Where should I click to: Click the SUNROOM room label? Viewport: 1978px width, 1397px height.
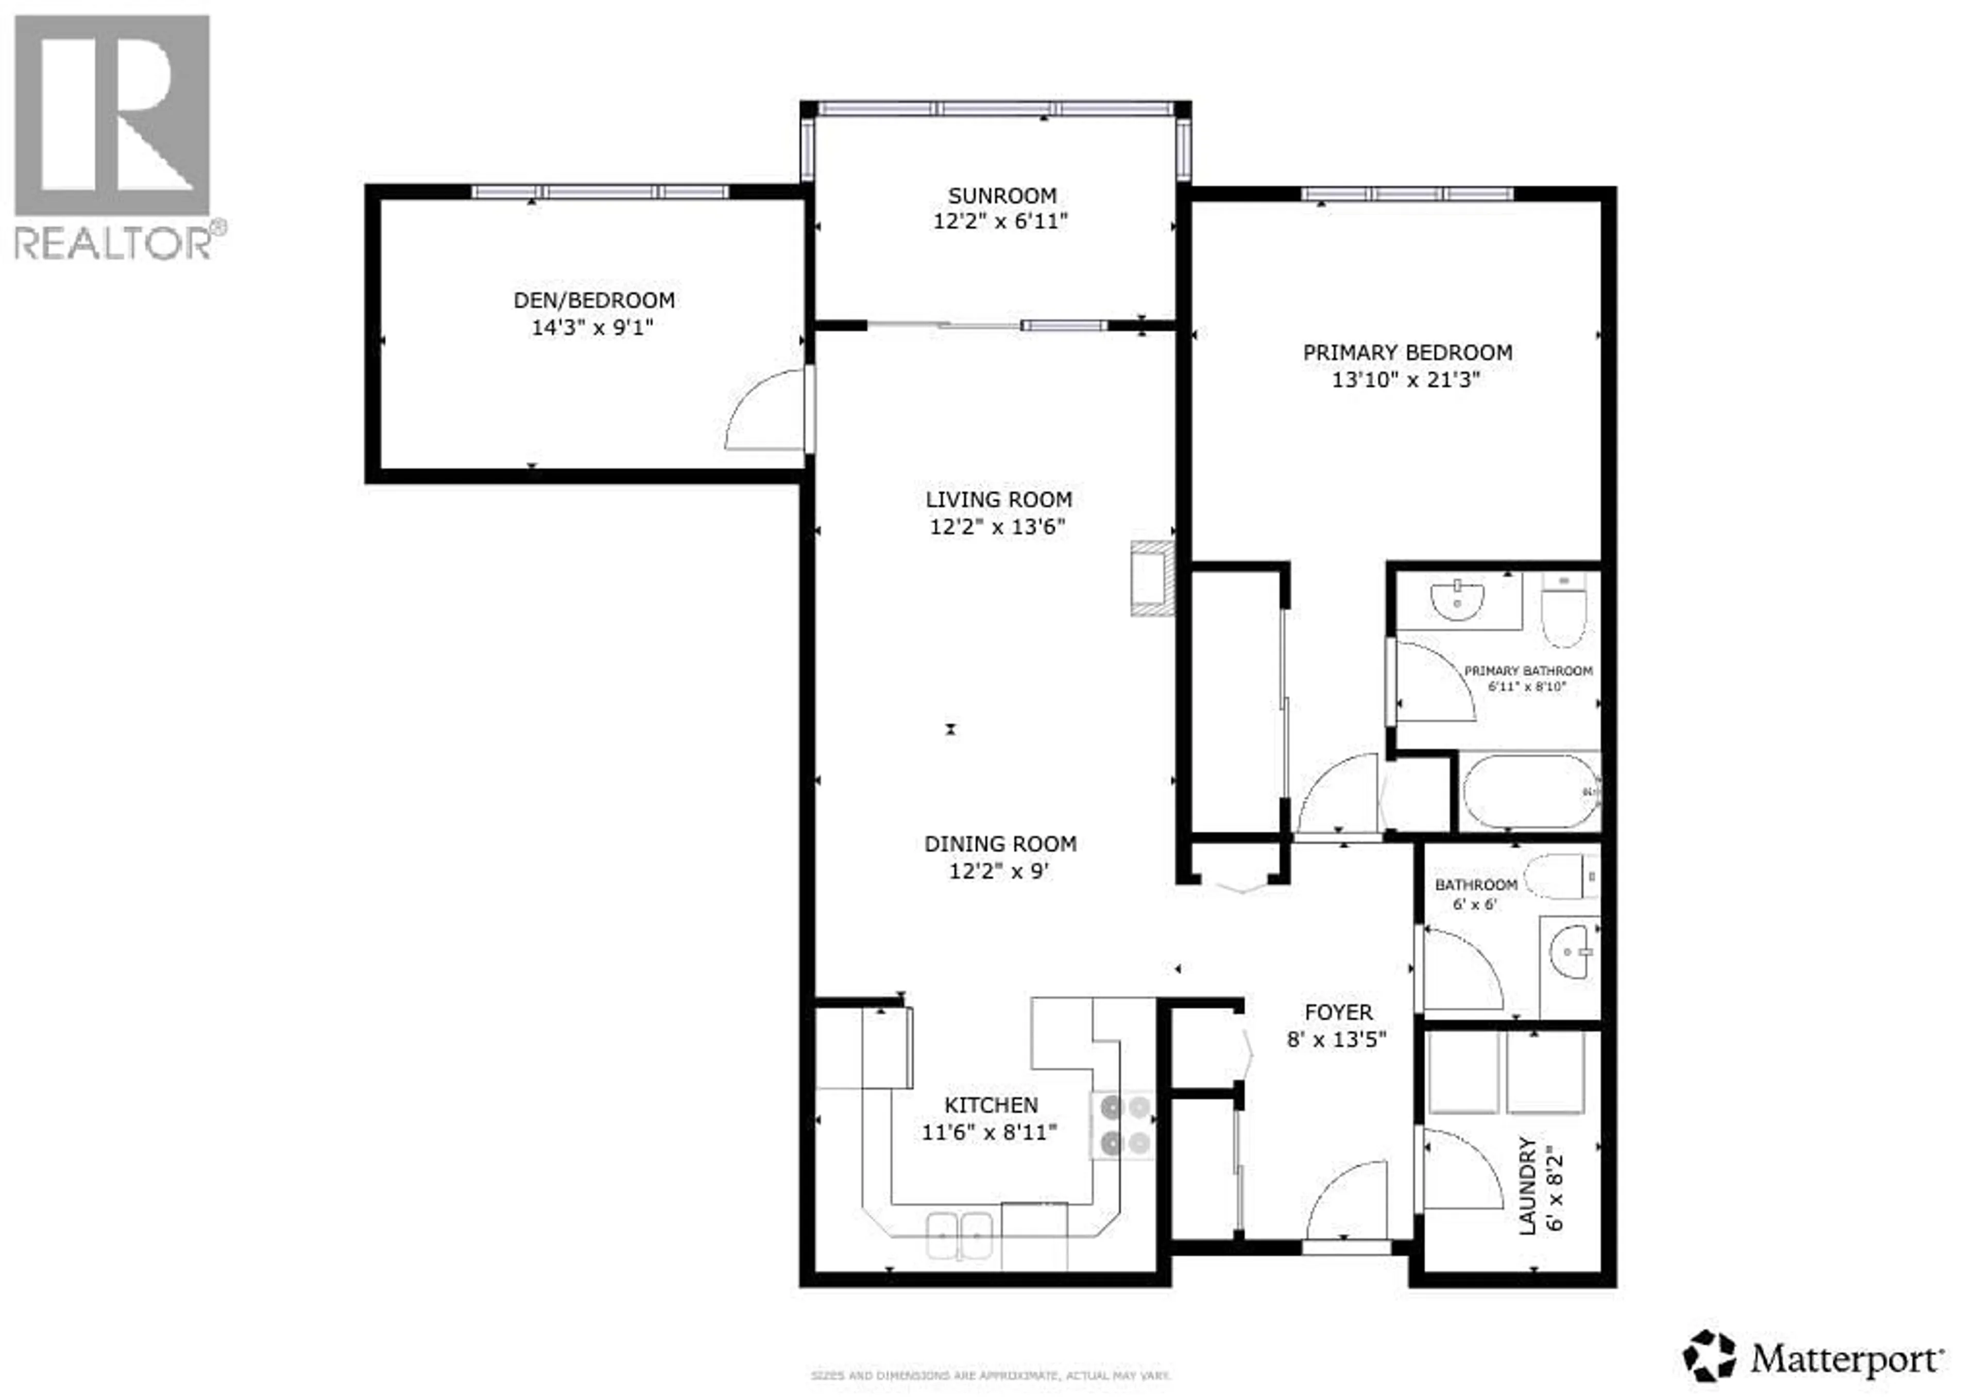(1002, 196)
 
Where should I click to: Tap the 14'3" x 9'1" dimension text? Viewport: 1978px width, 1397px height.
(593, 328)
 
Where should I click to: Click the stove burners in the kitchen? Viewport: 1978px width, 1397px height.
(1125, 1125)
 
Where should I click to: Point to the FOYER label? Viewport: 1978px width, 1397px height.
(1338, 1013)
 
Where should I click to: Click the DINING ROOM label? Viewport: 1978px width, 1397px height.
(1000, 844)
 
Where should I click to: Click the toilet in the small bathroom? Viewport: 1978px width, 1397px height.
(1559, 877)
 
